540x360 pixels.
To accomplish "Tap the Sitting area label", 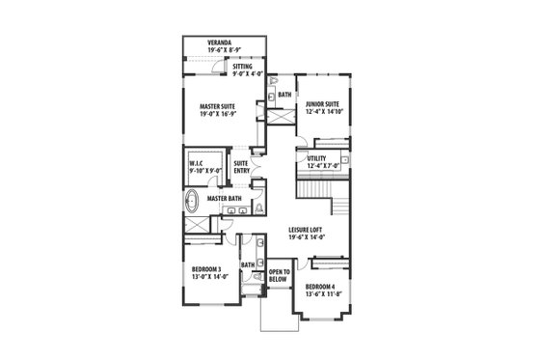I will [243, 67].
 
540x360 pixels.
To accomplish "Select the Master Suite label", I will [218, 107].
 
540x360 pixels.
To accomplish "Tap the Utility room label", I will [315, 158].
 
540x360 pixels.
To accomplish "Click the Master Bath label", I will [223, 197].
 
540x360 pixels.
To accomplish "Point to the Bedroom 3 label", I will [206, 268].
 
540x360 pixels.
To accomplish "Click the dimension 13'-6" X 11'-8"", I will [321, 293].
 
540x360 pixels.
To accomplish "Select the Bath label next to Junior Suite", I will [284, 96].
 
